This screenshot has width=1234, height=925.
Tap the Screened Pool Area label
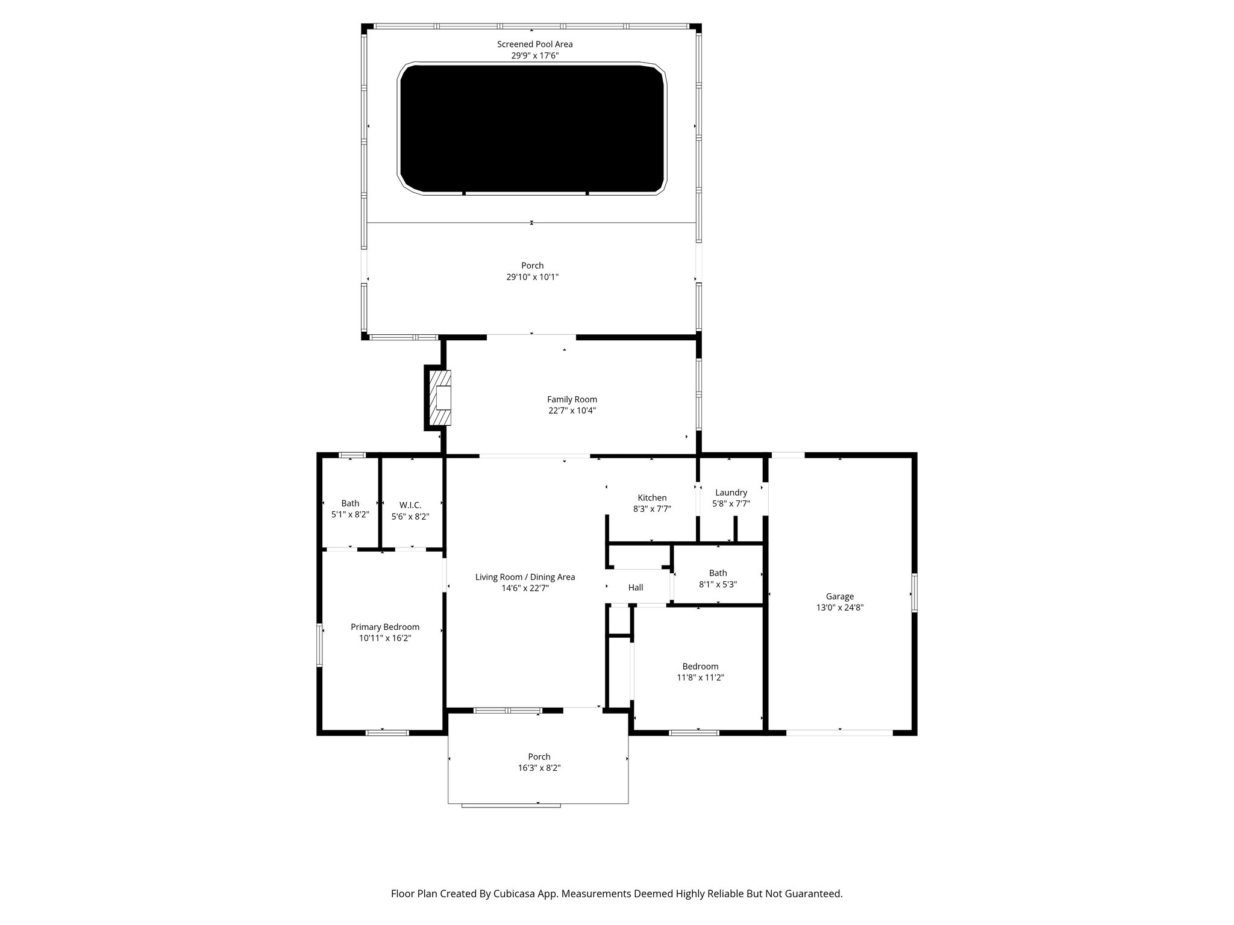[534, 44]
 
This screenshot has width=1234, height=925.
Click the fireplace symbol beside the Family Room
[440, 398]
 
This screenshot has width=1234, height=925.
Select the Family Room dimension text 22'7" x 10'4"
[572, 411]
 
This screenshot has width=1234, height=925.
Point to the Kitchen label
[652, 497]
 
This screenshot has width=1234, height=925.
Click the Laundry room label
[731, 492]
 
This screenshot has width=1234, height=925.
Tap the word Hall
[636, 587]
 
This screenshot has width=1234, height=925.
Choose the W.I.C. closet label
[410, 505]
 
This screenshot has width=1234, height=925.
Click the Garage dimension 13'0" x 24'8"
[839, 608]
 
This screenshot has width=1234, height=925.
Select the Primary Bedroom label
[385, 627]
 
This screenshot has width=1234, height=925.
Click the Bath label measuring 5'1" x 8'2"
[350, 503]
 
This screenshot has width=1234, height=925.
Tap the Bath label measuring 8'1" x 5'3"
[718, 573]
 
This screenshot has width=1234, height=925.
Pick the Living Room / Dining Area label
[525, 577]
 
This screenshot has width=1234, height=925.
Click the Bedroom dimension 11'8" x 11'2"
[700, 677]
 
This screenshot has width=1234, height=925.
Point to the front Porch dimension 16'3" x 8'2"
[539, 768]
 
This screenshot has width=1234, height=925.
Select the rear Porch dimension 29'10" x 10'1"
[532, 277]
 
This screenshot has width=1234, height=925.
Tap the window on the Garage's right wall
[914, 593]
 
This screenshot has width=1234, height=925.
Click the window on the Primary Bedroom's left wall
[320, 645]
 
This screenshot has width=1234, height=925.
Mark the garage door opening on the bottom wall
[839, 733]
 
